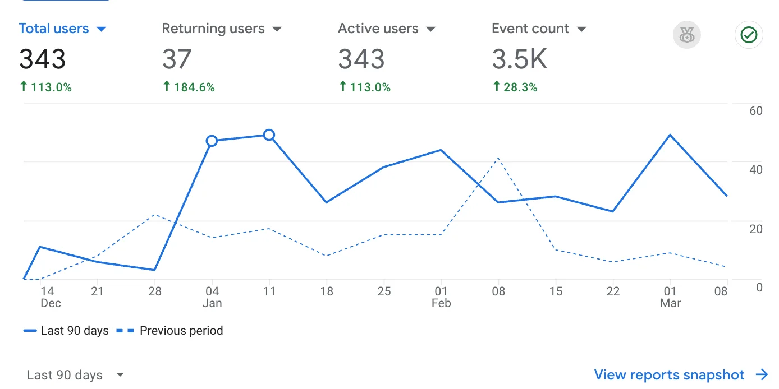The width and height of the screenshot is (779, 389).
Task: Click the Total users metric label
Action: pyautogui.click(x=54, y=29)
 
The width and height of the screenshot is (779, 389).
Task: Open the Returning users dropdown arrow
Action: pyautogui.click(x=277, y=29)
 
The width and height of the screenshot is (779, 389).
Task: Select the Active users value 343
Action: pyautogui.click(x=361, y=59)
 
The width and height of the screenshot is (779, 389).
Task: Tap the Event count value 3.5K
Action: pyautogui.click(x=519, y=59)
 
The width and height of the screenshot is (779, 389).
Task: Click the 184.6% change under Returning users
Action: pyautogui.click(x=189, y=87)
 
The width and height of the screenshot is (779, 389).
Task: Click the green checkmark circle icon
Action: pyautogui.click(x=749, y=35)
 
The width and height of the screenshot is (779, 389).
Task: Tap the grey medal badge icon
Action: pyautogui.click(x=686, y=36)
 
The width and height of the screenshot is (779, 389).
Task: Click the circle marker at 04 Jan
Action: pyautogui.click(x=212, y=141)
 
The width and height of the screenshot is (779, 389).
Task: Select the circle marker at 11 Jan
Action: pyautogui.click(x=269, y=135)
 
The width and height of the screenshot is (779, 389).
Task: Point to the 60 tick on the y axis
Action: pyautogui.click(x=756, y=110)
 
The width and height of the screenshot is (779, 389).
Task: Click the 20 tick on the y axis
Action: pyautogui.click(x=756, y=229)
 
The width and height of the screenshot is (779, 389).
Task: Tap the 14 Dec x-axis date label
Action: pyautogui.click(x=48, y=297)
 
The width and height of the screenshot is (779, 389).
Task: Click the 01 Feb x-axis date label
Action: pyautogui.click(x=441, y=297)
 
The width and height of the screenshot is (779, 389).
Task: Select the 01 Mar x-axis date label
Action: pyautogui.click(x=670, y=297)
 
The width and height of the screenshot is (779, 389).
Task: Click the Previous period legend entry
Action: pyautogui.click(x=169, y=331)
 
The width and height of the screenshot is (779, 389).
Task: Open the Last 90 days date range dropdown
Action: pyautogui.click(x=75, y=375)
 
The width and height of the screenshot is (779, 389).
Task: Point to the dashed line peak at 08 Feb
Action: pyautogui.click(x=498, y=158)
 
